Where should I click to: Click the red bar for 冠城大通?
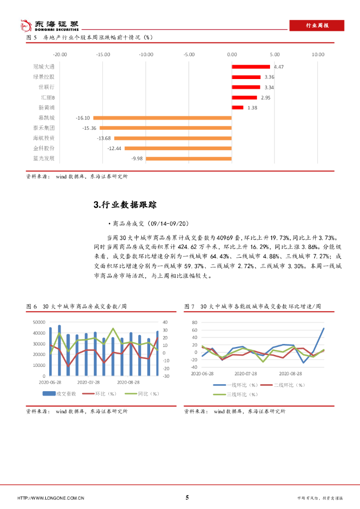pos(251,67)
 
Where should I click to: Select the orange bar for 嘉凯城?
pos(163,118)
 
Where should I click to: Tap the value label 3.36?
pos(270,77)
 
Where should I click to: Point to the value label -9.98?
pos(137,159)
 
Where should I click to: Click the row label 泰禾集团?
pos(44,128)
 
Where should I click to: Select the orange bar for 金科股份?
pos(178,148)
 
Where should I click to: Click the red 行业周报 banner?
pos(316,26)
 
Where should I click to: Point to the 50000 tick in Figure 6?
pos(39,323)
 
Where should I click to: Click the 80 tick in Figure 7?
pos(194,323)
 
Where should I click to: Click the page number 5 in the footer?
pos(187,498)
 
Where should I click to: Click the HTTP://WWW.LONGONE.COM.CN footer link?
pos(51,498)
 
